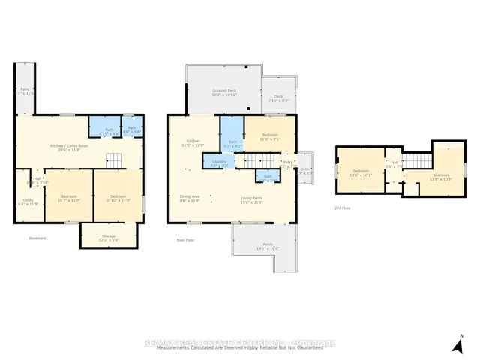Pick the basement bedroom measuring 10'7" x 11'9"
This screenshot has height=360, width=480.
point(68,199)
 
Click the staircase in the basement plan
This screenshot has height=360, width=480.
point(112,160)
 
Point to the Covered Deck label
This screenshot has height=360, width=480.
point(223,93)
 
